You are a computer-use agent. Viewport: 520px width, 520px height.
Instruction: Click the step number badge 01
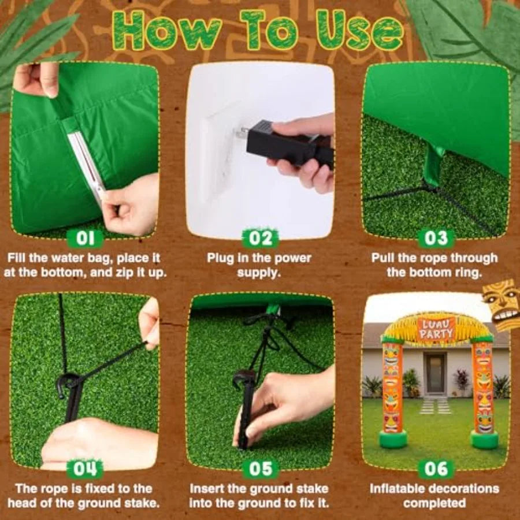(86, 238)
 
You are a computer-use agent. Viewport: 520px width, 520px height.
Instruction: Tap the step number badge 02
(261, 238)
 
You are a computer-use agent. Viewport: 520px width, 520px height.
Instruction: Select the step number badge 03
(436, 238)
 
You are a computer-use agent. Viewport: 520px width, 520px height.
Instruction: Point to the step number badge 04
(86, 469)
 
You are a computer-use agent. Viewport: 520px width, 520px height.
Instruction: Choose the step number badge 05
(261, 469)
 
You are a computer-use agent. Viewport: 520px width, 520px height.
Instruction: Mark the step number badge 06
(436, 469)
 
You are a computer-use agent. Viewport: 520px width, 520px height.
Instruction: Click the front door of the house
(435, 373)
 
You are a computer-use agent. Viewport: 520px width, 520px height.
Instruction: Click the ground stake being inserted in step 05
(244, 408)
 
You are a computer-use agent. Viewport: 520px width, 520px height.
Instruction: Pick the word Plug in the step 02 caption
(221, 258)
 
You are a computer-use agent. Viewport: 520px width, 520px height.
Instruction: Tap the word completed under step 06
(434, 503)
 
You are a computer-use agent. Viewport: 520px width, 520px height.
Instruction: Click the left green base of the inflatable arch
(393, 439)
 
